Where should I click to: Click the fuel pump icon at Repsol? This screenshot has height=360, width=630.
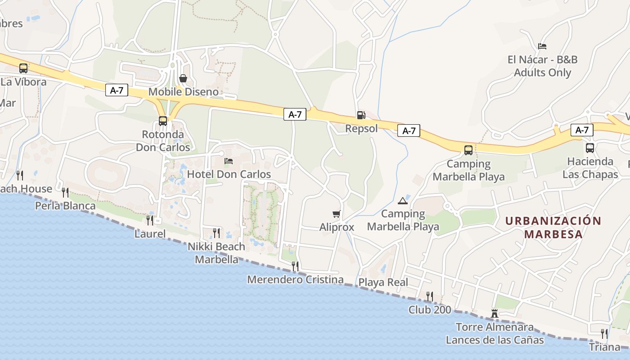[361, 115]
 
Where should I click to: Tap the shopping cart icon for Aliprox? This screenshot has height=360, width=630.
[336, 214]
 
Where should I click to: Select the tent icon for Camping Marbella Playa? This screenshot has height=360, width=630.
[402, 200]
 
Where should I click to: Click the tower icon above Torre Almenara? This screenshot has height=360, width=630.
[495, 313]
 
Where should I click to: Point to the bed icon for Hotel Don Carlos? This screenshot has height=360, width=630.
[229, 161]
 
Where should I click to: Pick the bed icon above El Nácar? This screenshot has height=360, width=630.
[542, 46]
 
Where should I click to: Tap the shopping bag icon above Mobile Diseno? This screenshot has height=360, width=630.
[183, 78]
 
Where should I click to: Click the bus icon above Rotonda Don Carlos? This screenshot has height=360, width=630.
[163, 121]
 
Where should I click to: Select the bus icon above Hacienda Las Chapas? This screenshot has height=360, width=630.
[590, 148]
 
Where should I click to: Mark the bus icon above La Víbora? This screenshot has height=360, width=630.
[23, 68]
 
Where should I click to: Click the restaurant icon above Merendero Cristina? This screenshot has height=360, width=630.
[295, 266]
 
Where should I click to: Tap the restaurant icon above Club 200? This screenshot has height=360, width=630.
[430, 296]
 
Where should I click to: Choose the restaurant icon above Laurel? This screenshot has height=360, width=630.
[150, 220]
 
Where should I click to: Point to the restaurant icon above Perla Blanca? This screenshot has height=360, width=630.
[65, 192]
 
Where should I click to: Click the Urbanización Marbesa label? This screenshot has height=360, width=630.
[553, 227]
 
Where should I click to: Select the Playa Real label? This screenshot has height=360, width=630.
[383, 282]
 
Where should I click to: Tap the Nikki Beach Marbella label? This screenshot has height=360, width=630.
[216, 253]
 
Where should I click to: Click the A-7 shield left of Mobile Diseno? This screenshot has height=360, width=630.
[117, 90]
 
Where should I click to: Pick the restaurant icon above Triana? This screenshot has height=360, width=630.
[604, 333]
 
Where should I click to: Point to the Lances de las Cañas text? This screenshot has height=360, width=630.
[495, 340]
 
